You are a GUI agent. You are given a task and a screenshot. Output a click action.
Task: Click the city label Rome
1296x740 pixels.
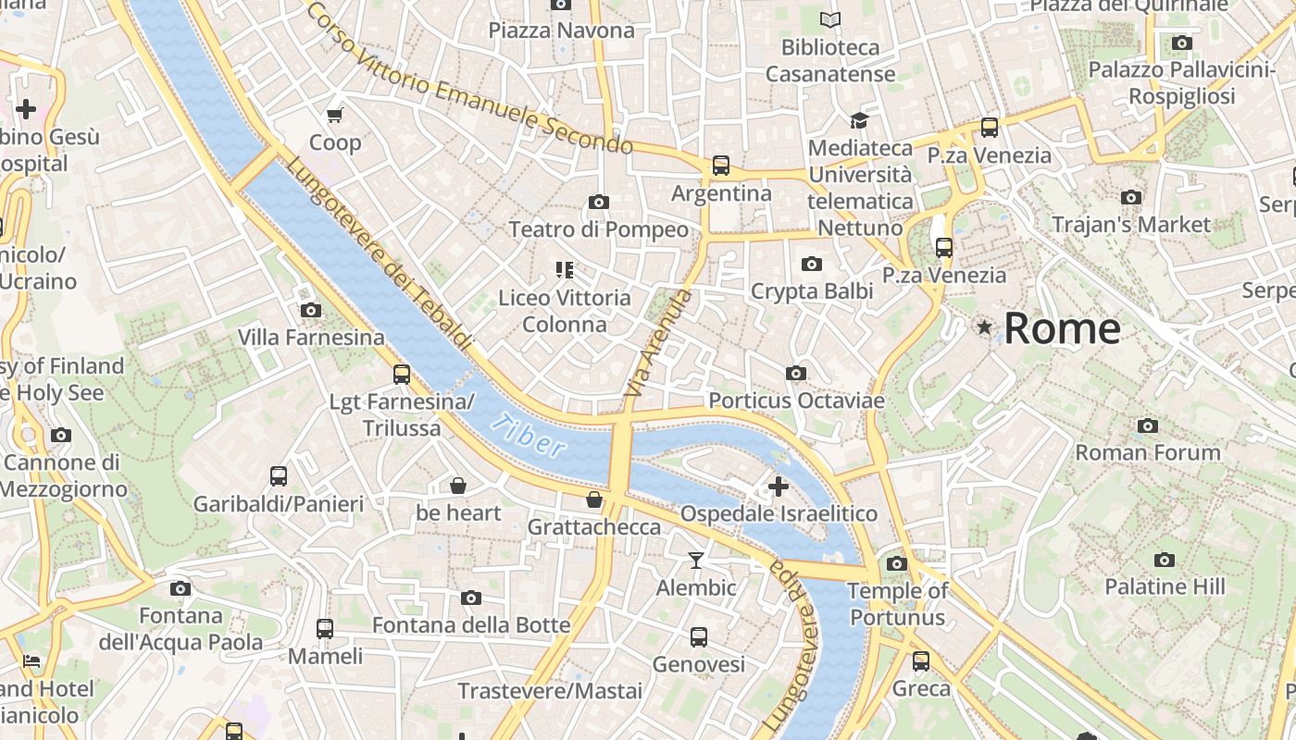click(x=1062, y=328)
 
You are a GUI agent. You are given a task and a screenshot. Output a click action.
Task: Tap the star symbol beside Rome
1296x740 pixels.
click(x=984, y=327)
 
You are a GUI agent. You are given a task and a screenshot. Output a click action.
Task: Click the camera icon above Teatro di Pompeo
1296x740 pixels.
click(x=599, y=202)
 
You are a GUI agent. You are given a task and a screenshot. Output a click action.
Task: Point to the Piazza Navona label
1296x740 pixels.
click(x=562, y=31)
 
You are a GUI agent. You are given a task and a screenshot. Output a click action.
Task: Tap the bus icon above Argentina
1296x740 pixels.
click(x=721, y=166)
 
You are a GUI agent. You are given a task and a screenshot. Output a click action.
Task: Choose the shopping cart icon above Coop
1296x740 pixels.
click(x=335, y=115)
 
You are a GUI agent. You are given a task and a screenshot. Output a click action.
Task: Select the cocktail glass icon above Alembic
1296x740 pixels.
click(x=696, y=560)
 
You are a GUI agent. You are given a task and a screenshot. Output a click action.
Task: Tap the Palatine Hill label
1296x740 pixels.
click(x=1165, y=586)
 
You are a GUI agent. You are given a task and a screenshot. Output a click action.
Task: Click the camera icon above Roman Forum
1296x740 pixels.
click(x=1148, y=425)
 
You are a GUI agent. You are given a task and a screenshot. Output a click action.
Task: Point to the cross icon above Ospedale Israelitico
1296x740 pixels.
click(x=779, y=486)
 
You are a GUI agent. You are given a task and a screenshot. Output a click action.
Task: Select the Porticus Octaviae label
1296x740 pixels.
click(x=796, y=401)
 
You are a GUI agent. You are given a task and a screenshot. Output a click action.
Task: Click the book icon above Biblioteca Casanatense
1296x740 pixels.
click(x=830, y=19)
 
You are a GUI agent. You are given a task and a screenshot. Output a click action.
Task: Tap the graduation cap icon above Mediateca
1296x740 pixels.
click(x=860, y=120)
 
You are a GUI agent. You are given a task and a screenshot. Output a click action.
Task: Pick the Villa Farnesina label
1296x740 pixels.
click(x=311, y=338)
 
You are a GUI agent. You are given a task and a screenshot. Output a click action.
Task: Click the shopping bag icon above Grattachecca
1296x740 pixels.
click(x=594, y=499)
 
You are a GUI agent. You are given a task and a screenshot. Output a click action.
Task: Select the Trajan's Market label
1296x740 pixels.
click(x=1131, y=224)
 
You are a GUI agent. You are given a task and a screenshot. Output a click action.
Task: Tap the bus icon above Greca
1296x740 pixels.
click(x=921, y=661)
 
